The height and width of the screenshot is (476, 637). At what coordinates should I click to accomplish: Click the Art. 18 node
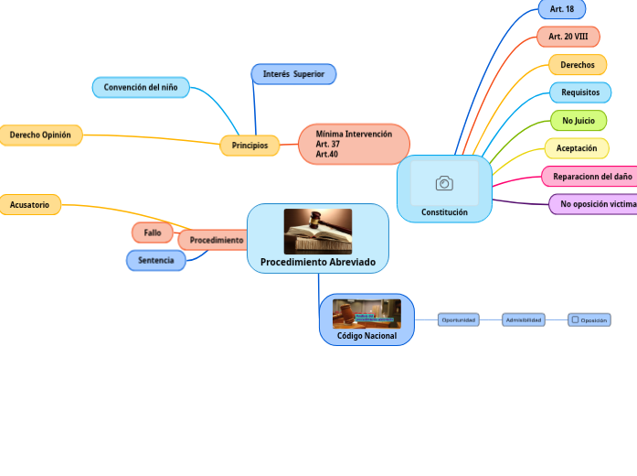click(x=561, y=9)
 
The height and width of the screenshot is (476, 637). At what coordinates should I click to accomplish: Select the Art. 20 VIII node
click(x=568, y=37)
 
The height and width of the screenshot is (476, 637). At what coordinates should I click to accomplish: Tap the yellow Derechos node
click(x=577, y=65)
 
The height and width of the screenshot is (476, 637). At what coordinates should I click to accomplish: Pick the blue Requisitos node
click(x=579, y=92)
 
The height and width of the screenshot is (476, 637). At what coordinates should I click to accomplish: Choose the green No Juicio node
click(x=578, y=120)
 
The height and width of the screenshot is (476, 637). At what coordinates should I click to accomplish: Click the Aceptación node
click(x=576, y=148)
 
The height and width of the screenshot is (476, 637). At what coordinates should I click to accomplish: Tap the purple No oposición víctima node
click(x=594, y=204)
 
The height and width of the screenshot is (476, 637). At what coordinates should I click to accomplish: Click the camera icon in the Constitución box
click(x=444, y=184)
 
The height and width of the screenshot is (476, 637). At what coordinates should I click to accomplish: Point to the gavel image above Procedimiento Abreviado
click(x=317, y=231)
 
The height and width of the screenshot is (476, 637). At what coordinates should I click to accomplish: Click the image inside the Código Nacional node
click(x=366, y=314)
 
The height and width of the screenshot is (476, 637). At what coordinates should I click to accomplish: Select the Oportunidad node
click(x=458, y=320)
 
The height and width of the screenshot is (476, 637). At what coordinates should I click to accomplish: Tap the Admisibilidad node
click(x=524, y=320)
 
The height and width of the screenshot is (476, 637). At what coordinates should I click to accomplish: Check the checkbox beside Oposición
click(x=575, y=320)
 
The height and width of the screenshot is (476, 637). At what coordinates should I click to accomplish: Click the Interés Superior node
click(x=293, y=74)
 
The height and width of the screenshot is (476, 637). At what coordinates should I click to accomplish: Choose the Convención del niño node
click(x=141, y=88)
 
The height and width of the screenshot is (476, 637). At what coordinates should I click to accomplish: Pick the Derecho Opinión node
click(x=40, y=135)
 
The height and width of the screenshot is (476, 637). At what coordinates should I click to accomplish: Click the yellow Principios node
click(x=249, y=146)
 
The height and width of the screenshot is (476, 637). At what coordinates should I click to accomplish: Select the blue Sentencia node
click(x=155, y=261)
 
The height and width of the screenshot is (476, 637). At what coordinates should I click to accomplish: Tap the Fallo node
click(x=152, y=233)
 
